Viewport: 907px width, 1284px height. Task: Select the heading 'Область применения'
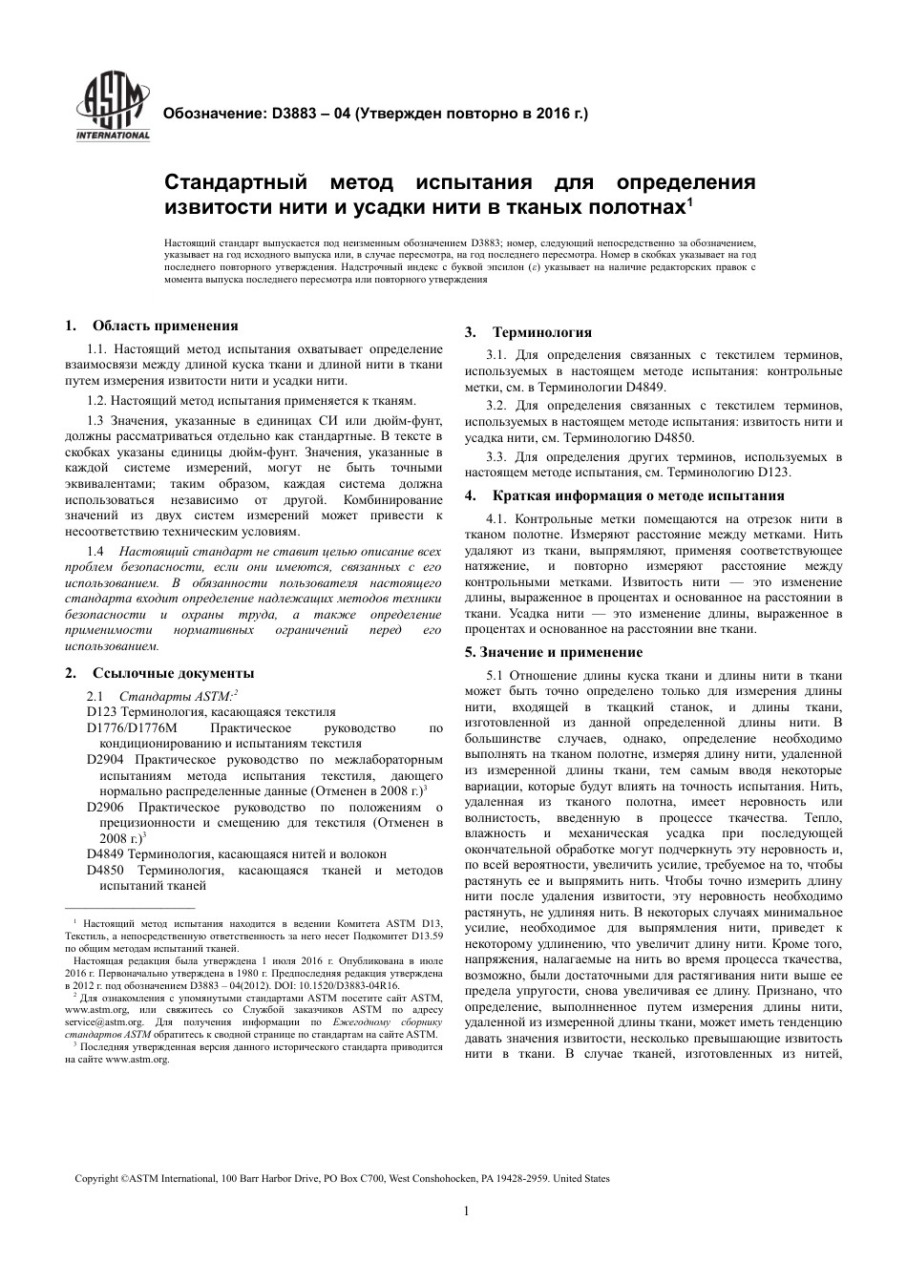pos(165,326)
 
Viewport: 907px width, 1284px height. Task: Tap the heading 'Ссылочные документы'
pos(173,672)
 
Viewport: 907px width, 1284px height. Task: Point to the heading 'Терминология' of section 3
pos(541,332)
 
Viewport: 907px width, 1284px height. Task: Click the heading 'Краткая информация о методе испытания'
pos(638,495)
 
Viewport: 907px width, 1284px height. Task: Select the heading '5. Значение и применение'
pos(554,652)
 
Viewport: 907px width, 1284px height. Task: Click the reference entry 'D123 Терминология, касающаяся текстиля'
pos(211,712)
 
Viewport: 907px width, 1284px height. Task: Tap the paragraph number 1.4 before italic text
pos(95,552)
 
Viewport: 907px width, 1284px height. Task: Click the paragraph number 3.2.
pos(496,406)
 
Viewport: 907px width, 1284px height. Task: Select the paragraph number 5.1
pos(496,676)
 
